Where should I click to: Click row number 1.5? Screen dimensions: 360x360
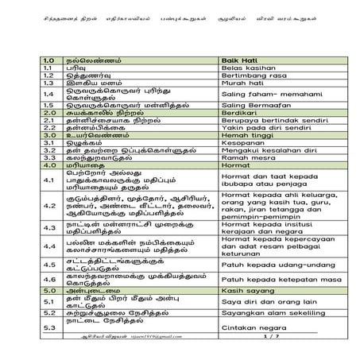49,105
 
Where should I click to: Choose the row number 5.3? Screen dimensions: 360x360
49,326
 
